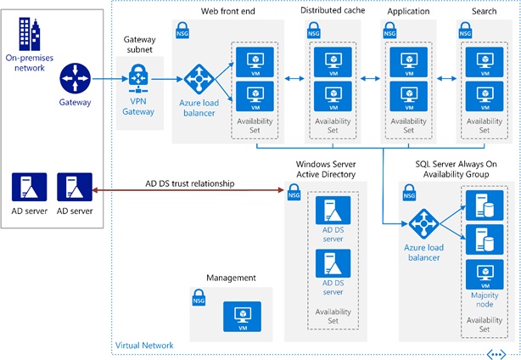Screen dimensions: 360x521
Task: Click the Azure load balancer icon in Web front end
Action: click(x=198, y=80)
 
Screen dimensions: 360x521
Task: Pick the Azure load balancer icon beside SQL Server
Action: click(x=423, y=225)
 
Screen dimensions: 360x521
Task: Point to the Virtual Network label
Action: click(x=144, y=346)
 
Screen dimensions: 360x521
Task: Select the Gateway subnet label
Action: click(x=139, y=45)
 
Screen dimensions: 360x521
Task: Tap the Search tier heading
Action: click(x=484, y=11)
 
